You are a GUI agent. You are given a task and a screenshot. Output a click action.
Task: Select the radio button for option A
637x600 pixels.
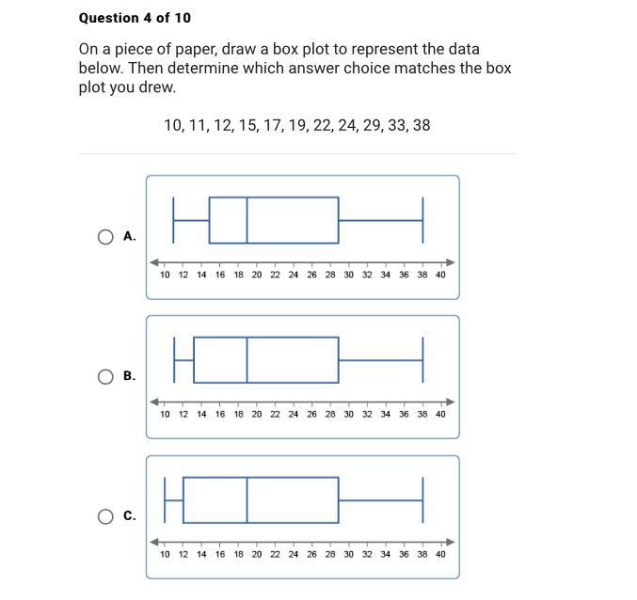pos(106,237)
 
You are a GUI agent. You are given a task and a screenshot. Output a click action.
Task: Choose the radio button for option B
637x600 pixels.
pos(106,377)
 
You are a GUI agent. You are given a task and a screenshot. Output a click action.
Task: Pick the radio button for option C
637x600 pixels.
pos(106,516)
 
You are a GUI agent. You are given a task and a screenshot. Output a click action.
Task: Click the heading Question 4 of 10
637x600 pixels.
pos(135,18)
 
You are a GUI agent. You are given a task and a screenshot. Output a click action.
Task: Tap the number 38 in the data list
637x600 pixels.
pos(421,124)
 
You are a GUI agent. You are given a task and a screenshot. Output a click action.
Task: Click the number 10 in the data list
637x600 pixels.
pos(174,124)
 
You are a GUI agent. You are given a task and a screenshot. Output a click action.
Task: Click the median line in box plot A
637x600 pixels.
pos(247,220)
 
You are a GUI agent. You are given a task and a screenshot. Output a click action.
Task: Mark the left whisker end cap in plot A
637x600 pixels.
pos(174,220)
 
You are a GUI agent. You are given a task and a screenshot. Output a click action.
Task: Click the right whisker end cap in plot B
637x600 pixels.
pos(423,359)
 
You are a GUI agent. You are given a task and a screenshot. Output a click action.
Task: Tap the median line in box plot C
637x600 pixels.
pos(247,499)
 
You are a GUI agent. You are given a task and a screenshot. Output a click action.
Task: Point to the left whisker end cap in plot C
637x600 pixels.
pos(166,499)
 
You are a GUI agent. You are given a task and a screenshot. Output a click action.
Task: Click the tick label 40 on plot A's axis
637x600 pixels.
pos(440,275)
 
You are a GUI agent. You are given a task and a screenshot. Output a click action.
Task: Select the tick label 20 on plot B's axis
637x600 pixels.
pos(257,414)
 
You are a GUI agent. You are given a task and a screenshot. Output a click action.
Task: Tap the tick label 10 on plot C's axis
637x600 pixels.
pos(165,554)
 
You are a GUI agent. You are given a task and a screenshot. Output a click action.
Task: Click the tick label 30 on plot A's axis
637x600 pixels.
pos(348,275)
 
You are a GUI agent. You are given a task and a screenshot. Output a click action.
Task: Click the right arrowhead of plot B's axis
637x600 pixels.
pos(451,402)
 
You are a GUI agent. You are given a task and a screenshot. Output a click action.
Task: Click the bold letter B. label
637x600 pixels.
pos(129,377)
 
